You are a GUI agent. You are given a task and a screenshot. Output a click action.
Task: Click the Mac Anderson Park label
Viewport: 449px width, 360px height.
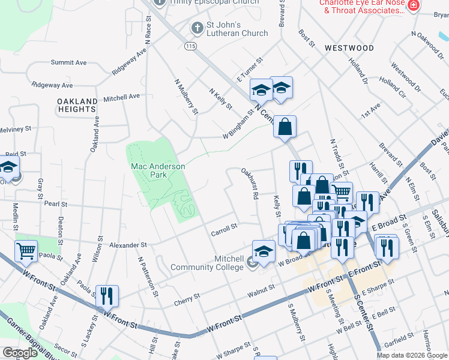pyautogui.click(x=158, y=170)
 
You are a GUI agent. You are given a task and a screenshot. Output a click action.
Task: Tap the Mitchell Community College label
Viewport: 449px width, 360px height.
pyautogui.click(x=207, y=263)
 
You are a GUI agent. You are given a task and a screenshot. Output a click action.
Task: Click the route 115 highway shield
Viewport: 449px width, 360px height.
pyautogui.click(x=190, y=46)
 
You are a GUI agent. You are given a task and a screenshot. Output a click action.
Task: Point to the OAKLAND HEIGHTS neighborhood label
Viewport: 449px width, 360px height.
pyautogui.click(x=77, y=105)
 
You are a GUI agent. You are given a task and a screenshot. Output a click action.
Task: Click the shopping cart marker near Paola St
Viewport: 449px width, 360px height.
pyautogui.click(x=26, y=251)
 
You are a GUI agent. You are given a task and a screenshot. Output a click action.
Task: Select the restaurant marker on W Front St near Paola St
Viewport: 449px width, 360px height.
pyautogui.click(x=107, y=295)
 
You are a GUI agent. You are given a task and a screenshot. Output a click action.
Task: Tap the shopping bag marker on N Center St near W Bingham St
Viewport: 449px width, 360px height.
pyautogui.click(x=285, y=126)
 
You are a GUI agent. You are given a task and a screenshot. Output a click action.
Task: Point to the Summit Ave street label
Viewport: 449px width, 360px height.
pyautogui.click(x=69, y=62)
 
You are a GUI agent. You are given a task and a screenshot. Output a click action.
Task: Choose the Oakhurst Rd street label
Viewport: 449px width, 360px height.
pyautogui.click(x=250, y=184)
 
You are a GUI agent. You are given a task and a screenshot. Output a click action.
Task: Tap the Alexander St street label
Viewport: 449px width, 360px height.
pyautogui.click(x=128, y=245)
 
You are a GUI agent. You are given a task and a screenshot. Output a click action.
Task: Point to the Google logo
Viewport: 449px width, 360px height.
pyautogui.click(x=20, y=353)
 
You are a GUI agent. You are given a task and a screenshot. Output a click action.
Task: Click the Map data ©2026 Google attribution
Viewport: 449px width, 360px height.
pyautogui.click(x=412, y=355)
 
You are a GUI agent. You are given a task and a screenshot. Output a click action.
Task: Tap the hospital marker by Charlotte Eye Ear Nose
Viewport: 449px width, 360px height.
pyautogui.click(x=413, y=5)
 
